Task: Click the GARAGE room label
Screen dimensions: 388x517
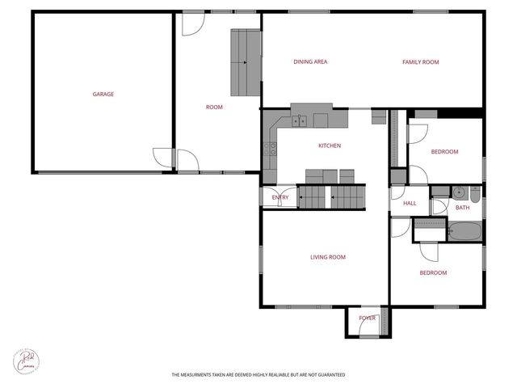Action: coord(103,94)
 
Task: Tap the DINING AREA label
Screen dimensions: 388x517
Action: coord(310,61)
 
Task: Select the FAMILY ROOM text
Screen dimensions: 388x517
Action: coord(420,61)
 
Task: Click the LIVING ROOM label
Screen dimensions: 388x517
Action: coord(327,257)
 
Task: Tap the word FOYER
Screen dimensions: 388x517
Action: coord(368,318)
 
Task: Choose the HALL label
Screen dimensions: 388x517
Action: coord(410,203)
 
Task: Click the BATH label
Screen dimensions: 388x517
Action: coord(462,208)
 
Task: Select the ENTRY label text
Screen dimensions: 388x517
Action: coord(280,197)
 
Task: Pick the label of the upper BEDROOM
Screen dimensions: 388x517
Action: coord(444,152)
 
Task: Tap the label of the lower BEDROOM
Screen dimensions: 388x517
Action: coord(433,272)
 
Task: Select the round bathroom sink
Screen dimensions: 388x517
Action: coord(458,192)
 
